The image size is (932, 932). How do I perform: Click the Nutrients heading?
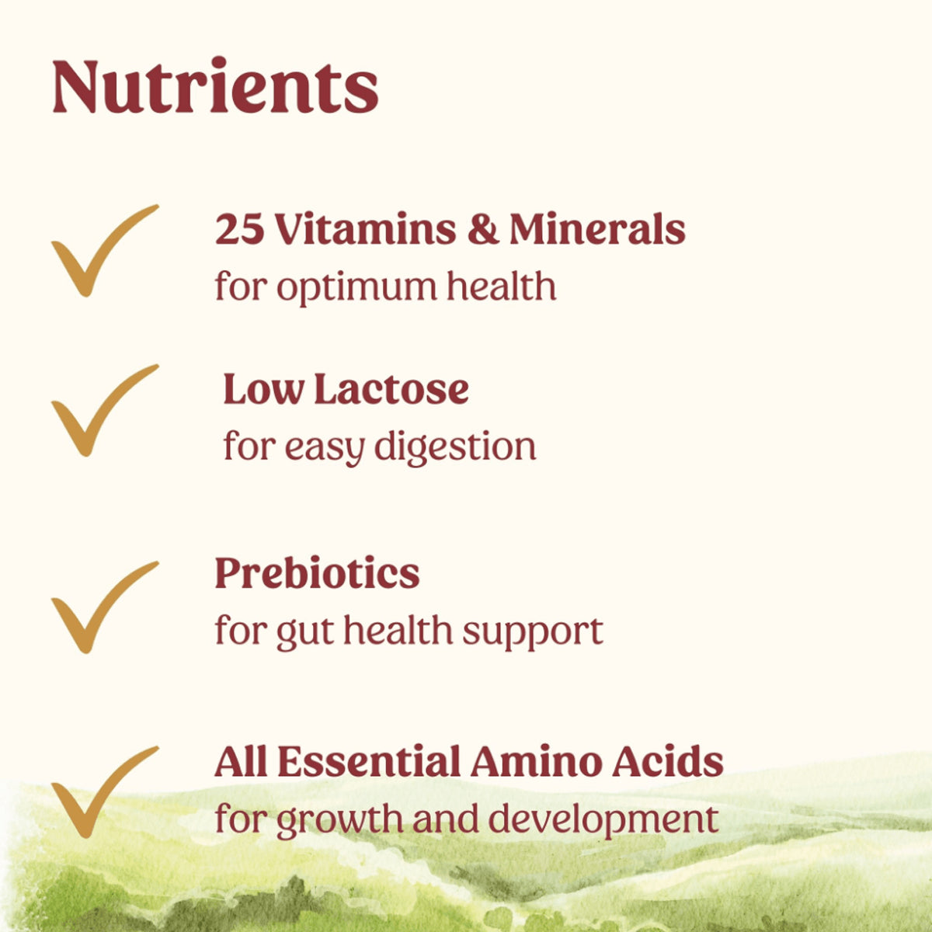[x=215, y=85]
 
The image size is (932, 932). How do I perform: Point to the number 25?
[x=240, y=229]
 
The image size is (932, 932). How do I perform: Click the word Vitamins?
[x=366, y=229]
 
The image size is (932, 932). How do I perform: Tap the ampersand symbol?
[x=483, y=229]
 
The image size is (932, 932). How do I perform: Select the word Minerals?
[x=597, y=229]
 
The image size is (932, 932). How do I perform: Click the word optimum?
[x=356, y=289]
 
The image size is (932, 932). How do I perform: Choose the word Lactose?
[x=391, y=389]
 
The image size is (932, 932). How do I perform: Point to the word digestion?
[x=455, y=448]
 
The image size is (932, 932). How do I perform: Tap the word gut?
[x=304, y=633]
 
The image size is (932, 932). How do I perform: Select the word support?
[x=533, y=634]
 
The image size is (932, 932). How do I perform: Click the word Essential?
[x=369, y=762]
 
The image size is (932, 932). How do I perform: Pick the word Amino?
[x=535, y=762]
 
